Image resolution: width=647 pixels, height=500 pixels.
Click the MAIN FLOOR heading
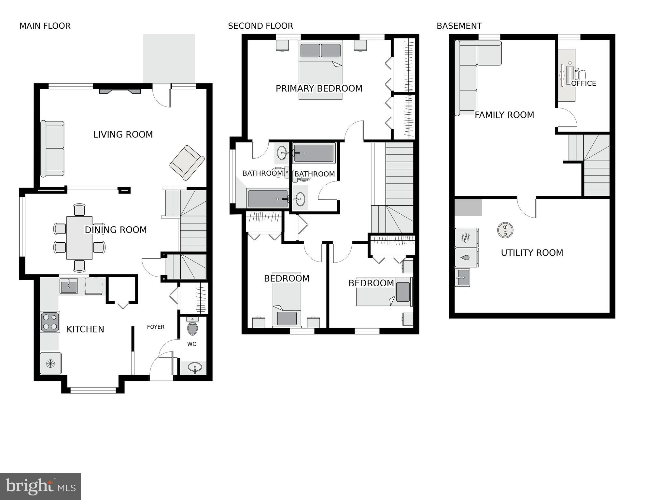pos(45,26)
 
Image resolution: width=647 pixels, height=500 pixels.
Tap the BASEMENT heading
pos(459,26)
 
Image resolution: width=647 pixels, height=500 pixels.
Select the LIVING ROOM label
pos(123,135)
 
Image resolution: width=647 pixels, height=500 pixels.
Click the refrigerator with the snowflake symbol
pos(50,364)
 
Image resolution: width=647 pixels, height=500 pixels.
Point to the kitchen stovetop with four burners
pos(50,322)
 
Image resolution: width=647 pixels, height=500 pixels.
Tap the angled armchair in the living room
pos(187,163)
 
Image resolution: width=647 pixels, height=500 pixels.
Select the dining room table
pos(79,238)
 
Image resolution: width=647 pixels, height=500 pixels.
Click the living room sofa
pos(52,149)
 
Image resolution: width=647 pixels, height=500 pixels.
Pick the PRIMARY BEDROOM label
pos(319,89)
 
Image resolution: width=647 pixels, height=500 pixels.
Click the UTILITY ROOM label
pos(532,253)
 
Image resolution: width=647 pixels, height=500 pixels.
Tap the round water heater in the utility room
pos(505,230)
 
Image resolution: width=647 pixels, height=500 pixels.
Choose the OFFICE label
pos(584,84)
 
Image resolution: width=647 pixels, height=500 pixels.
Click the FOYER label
pos(156,327)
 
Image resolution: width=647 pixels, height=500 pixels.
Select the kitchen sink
pos(69,286)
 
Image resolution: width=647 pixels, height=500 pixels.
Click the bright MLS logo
pos(40,487)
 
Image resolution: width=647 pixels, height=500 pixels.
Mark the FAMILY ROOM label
pos(504,115)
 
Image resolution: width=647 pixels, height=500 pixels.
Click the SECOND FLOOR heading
pos(260,26)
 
